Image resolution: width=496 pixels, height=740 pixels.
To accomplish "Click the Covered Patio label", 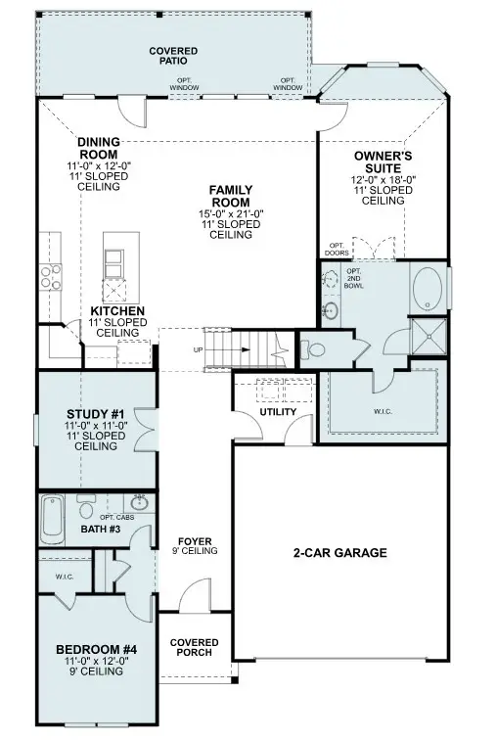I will [173, 55].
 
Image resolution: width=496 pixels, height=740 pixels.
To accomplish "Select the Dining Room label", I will [98, 148].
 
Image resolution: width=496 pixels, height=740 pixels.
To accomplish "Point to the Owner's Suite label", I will [383, 160].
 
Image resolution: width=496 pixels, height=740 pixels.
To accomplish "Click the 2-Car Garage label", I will [340, 553].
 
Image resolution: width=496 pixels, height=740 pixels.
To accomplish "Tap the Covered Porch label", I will [195, 648].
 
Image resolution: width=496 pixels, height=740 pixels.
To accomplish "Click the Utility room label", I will [277, 412].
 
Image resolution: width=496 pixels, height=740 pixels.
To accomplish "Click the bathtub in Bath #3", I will [52, 519].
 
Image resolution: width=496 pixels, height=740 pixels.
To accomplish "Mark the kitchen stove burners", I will [46, 278].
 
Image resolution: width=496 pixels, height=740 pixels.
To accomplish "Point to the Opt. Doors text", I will [336, 248].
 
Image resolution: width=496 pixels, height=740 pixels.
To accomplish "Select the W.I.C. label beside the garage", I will [382, 411].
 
